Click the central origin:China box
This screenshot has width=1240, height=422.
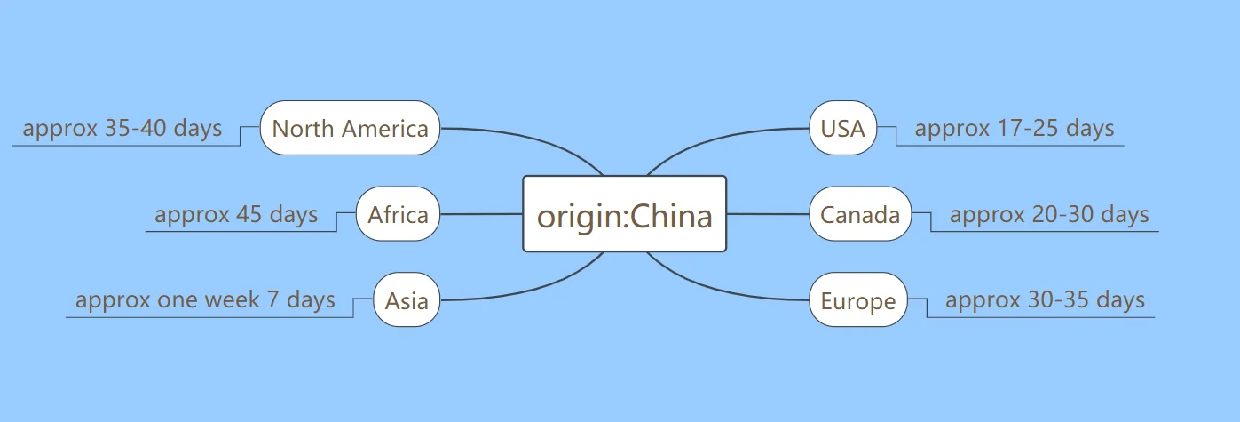pyautogui.click(x=624, y=214)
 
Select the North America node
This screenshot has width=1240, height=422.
pyautogui.click(x=350, y=128)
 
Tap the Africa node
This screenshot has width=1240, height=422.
pyautogui.click(x=398, y=214)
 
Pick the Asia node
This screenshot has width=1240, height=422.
pyautogui.click(x=407, y=300)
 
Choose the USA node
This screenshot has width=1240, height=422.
pyautogui.click(x=842, y=128)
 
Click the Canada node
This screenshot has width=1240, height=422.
pyautogui.click(x=859, y=214)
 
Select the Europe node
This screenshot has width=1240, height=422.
pyautogui.click(x=858, y=300)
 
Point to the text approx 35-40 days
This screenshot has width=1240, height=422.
pyautogui.click(x=122, y=128)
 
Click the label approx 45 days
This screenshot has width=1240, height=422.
pyautogui.click(x=236, y=214)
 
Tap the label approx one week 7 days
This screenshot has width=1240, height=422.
pyautogui.click(x=205, y=299)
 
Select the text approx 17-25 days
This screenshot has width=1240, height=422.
pyautogui.click(x=1014, y=128)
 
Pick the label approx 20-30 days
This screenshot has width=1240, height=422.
pyautogui.click(x=1048, y=214)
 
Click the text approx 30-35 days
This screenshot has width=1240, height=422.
pyautogui.click(x=1045, y=299)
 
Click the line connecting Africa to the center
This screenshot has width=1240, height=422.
pyautogui.click(x=481, y=214)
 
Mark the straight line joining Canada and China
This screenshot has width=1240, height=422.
pyautogui.click(x=768, y=214)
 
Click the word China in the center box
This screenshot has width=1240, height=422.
pyautogui.click(x=671, y=216)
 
